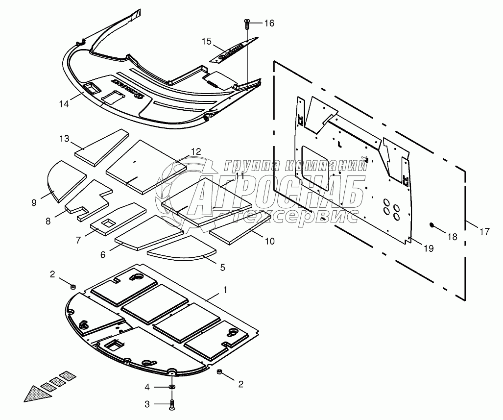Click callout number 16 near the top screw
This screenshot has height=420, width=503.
[269, 24]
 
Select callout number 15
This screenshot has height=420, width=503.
[206, 42]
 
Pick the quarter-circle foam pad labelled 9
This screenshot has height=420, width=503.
[65, 179]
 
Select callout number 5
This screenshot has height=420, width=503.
[222, 268]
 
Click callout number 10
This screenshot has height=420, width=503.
[270, 241]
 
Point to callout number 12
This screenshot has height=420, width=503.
[196, 152]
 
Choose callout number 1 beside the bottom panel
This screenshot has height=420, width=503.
[225, 290]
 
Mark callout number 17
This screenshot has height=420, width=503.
[484, 232]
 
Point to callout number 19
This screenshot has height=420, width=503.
[428, 249]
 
